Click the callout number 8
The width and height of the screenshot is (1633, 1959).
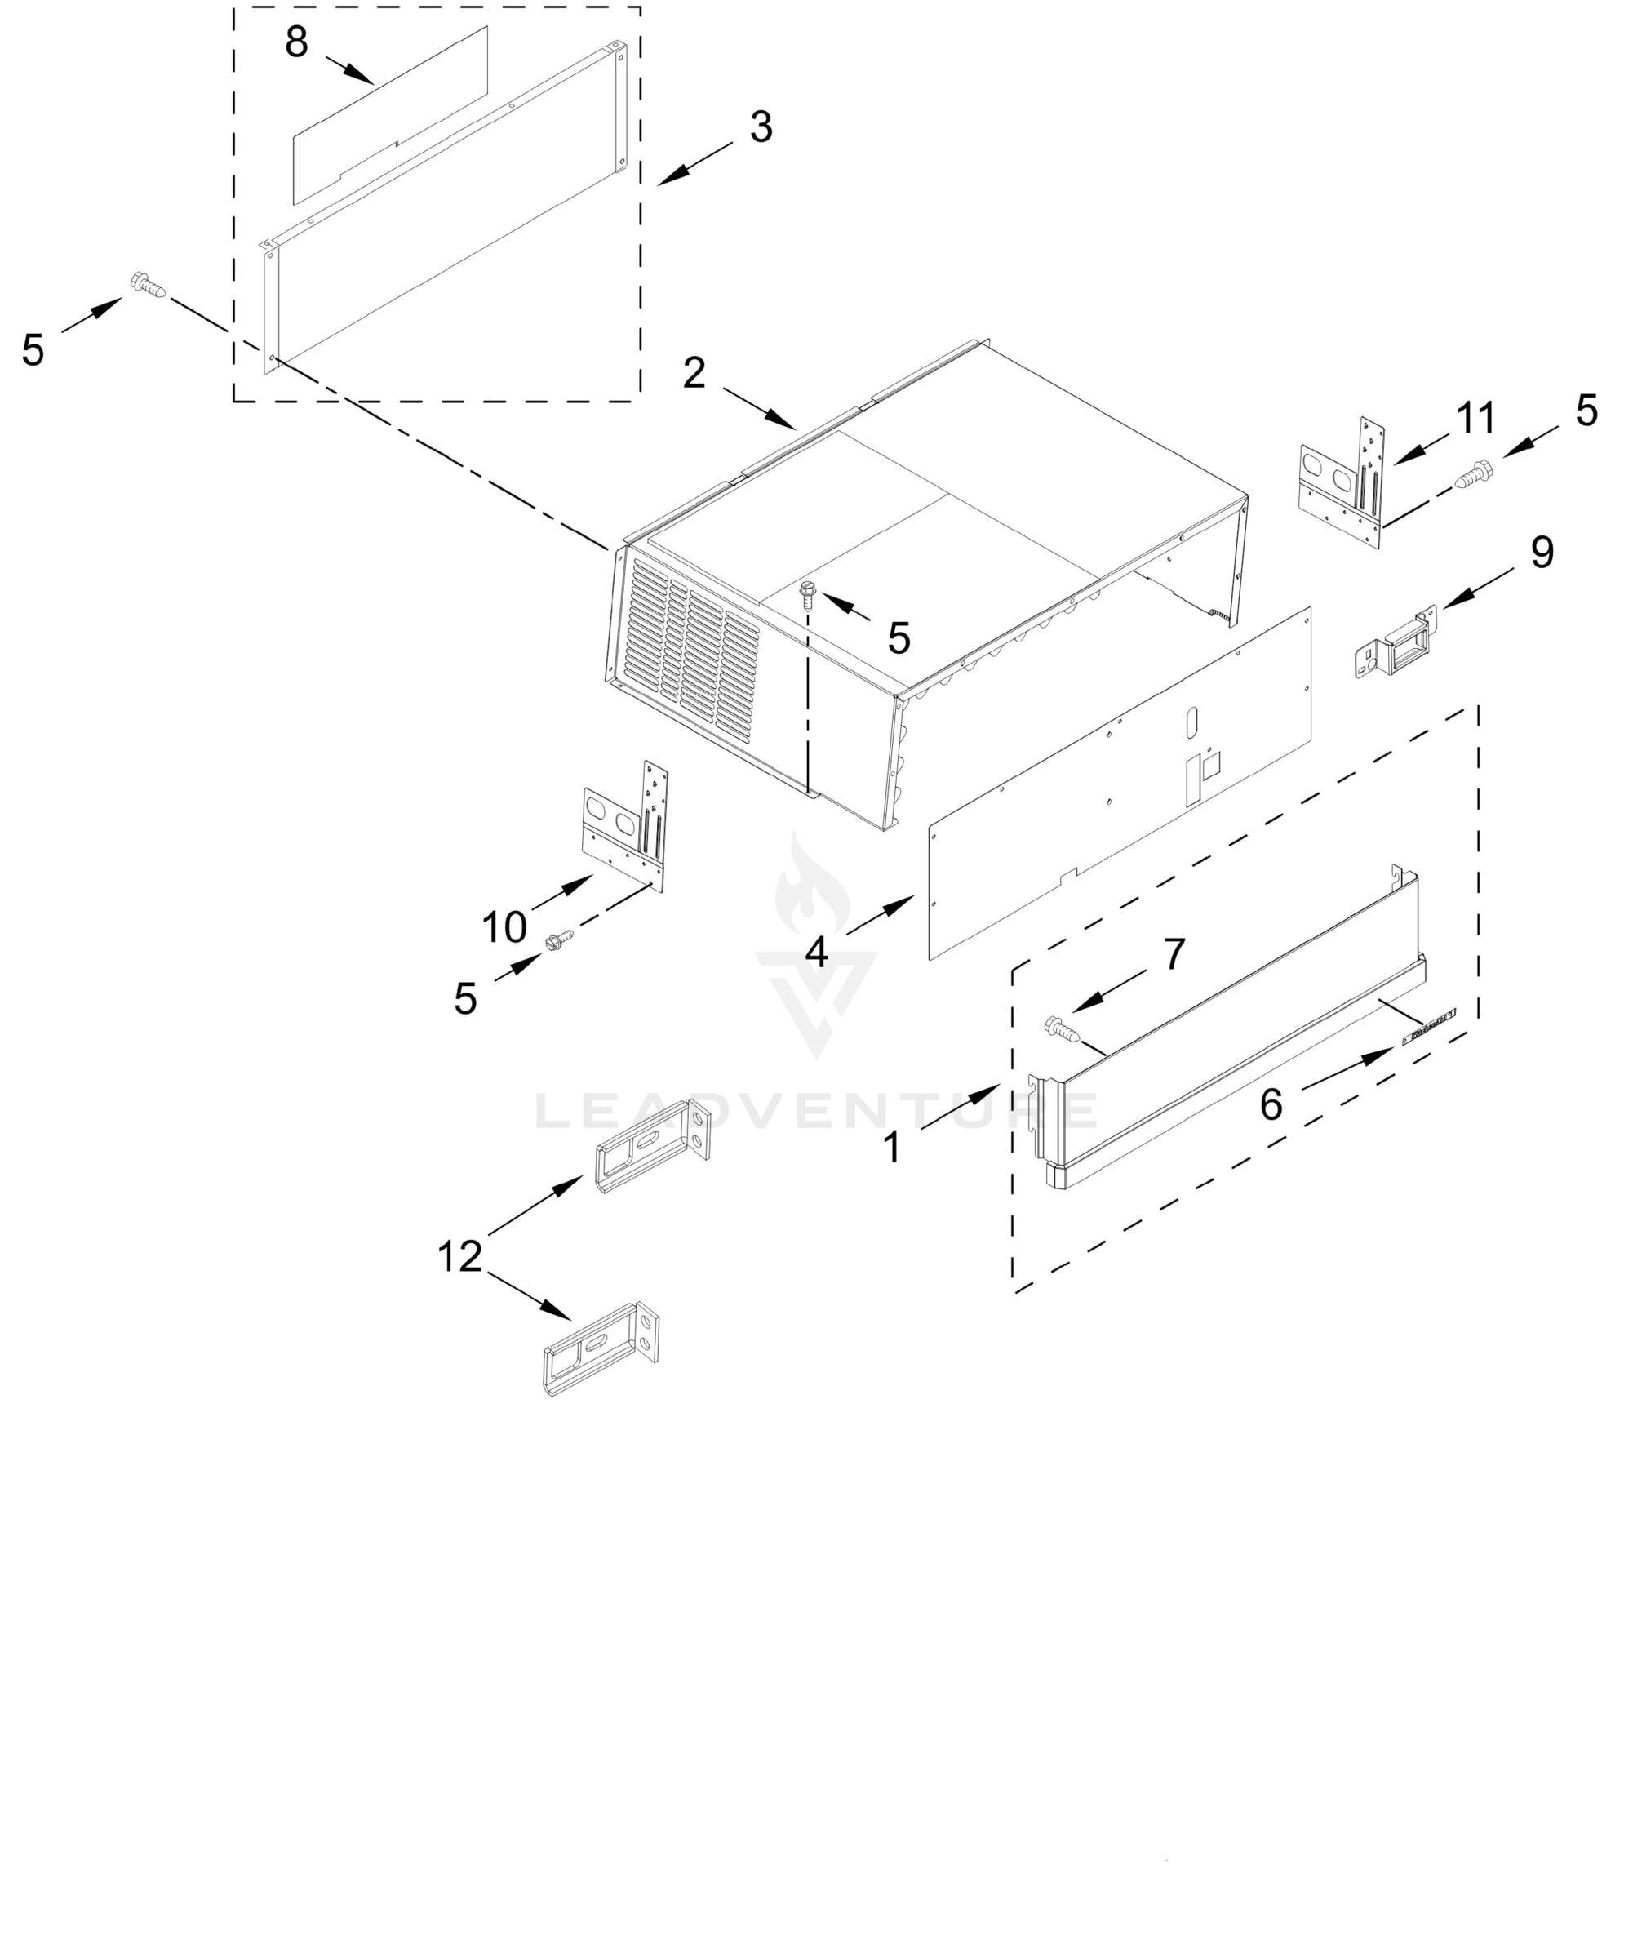tap(296, 43)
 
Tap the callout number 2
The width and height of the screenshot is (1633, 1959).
tap(694, 373)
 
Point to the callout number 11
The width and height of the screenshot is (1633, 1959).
tap(1476, 418)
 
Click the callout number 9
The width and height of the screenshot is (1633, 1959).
tap(1542, 553)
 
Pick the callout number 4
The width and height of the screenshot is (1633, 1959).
tap(817, 953)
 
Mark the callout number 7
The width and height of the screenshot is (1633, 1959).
tap(1174, 953)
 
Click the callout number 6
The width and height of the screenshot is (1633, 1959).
tap(1271, 1104)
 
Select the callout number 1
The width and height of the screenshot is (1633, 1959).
tap(893, 1148)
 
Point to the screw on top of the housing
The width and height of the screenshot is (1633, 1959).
tap(809, 593)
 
